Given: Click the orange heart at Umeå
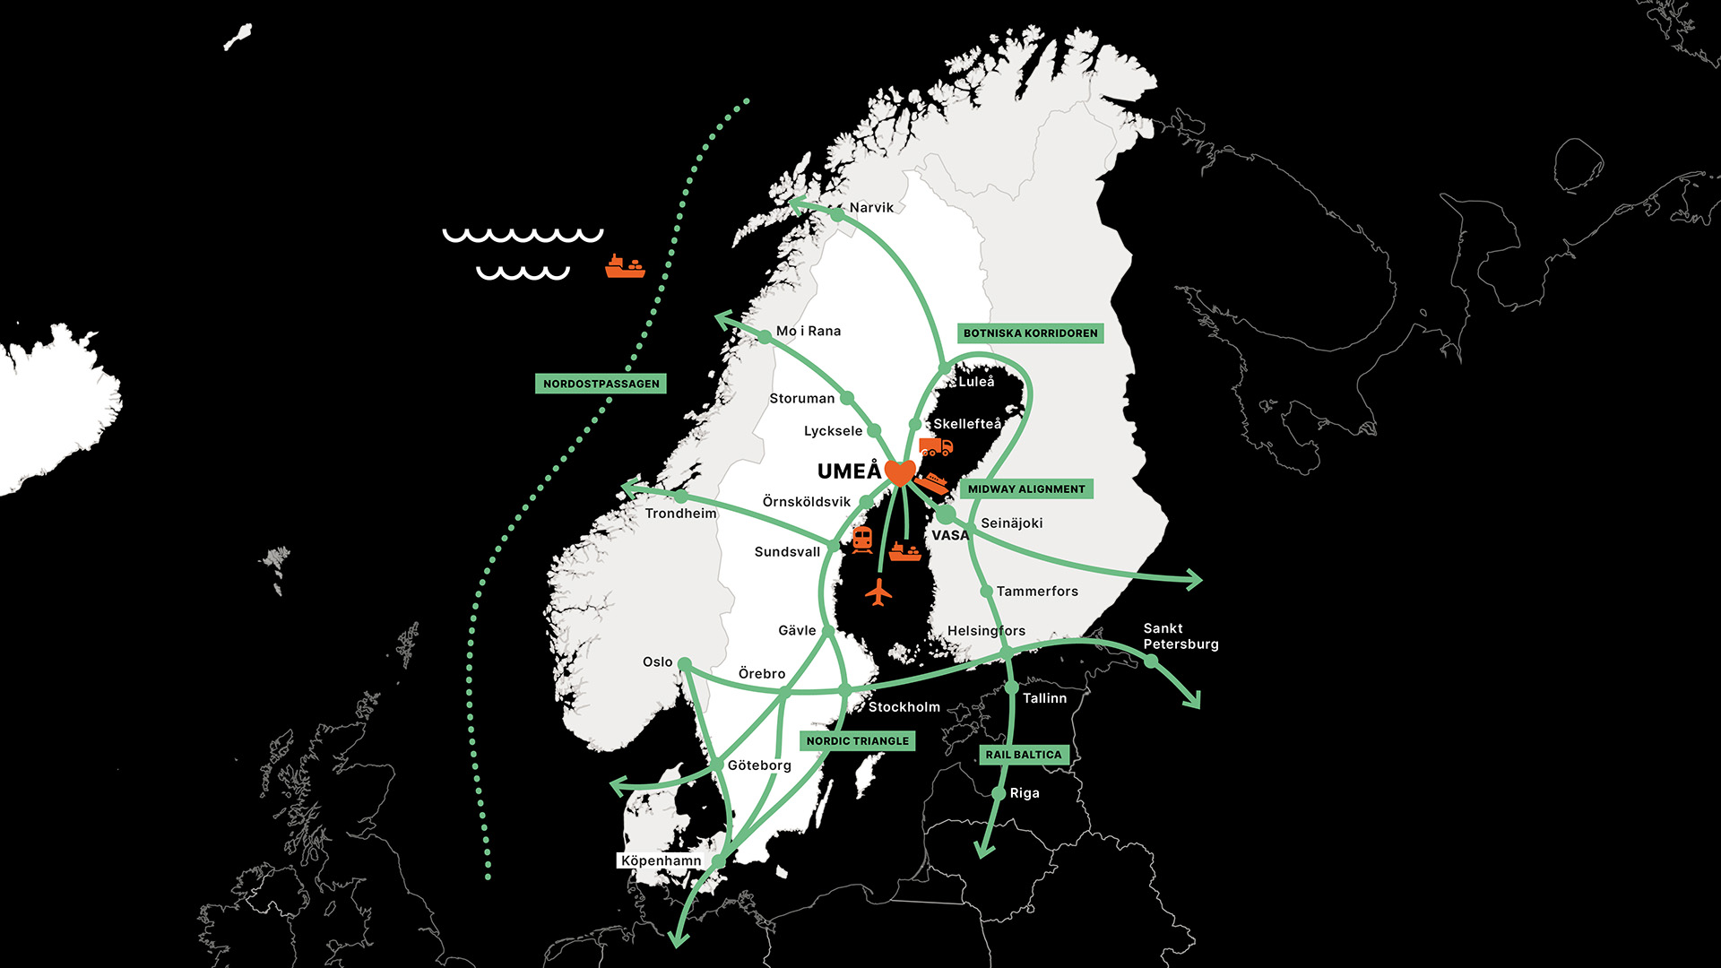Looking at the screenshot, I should [899, 471].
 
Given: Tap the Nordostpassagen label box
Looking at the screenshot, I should [601, 384].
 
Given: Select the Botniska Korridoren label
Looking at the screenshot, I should [1030, 333].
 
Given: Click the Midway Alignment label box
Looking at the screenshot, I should [1026, 489].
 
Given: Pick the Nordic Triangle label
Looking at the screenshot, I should [857, 741].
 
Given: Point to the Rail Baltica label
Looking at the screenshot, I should [1024, 755].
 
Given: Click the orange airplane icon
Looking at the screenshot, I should [879, 592].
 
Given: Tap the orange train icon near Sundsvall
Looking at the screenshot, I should [862, 540].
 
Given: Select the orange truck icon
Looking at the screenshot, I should [936, 446].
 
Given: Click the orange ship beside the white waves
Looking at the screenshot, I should [625, 266].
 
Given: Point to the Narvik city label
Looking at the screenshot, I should [871, 208].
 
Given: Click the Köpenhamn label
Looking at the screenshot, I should [662, 861].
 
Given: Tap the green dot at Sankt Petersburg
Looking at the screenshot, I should [1151, 661].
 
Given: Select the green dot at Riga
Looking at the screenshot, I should [999, 793].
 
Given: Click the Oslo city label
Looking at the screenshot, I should [657, 662].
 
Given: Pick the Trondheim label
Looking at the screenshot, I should [681, 514].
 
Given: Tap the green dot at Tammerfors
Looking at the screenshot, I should [986, 592].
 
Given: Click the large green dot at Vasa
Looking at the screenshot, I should [946, 515].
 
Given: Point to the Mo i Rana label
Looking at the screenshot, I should [809, 332].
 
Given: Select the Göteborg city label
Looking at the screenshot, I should [759, 765].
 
